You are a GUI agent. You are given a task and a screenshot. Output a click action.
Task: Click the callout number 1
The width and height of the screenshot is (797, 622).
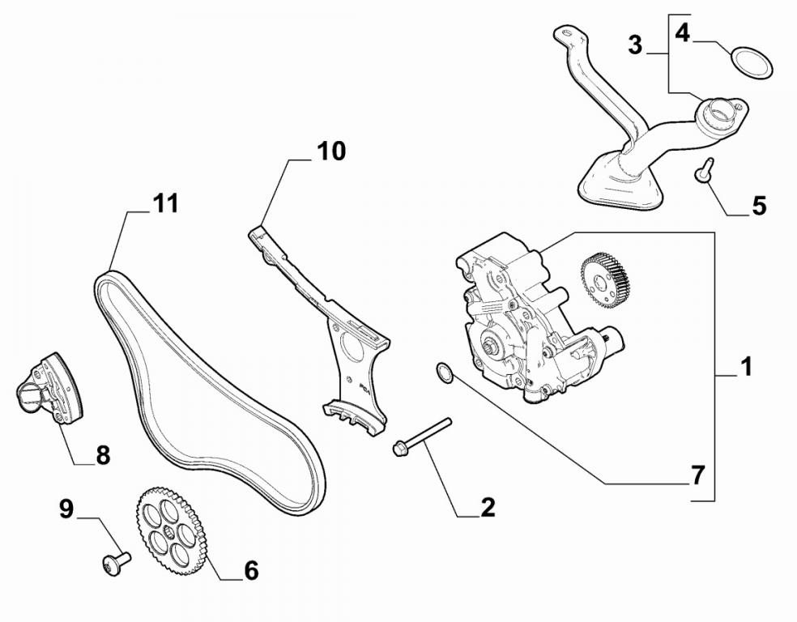pyautogui.click(x=746, y=367)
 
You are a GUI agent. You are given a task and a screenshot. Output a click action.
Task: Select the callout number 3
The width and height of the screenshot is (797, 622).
pyautogui.click(x=635, y=45)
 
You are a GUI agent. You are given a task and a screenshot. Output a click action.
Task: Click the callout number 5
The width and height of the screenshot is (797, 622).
pyautogui.click(x=758, y=206)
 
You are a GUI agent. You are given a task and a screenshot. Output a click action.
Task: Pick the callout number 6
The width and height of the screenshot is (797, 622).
pyautogui.click(x=250, y=570)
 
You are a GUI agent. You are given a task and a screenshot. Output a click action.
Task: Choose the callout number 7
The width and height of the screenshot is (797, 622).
pyautogui.click(x=697, y=475)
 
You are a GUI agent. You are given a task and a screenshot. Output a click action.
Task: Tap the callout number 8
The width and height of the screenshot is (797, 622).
pyautogui.click(x=102, y=455)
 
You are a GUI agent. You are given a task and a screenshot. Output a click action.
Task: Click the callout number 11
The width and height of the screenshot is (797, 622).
pyautogui.click(x=165, y=202)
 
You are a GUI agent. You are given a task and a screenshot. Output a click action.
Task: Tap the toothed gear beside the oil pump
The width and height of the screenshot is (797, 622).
pyautogui.click(x=605, y=281)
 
